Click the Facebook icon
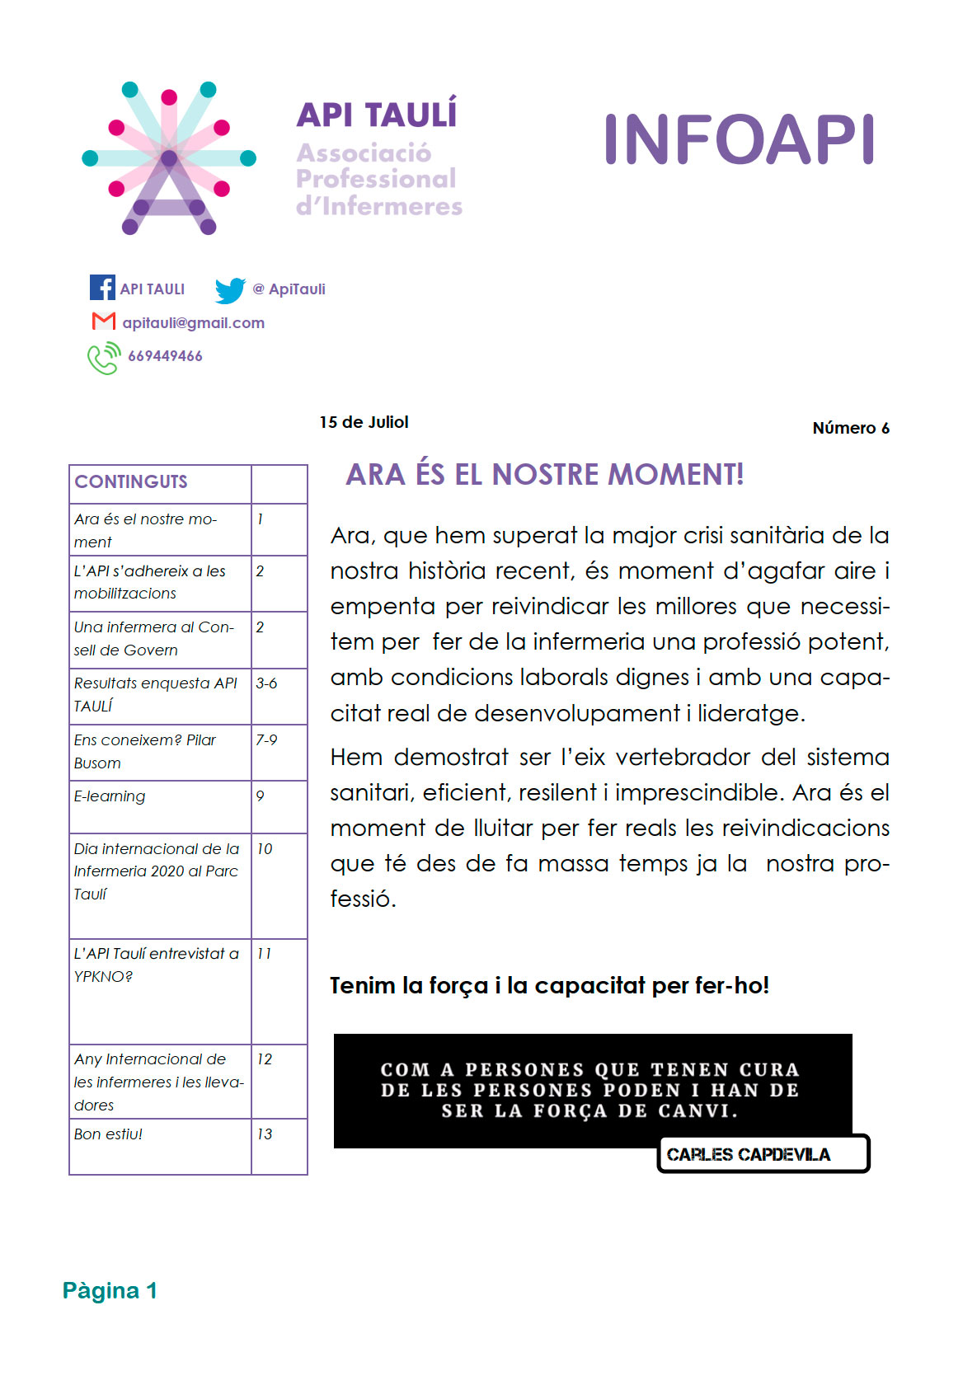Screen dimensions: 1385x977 click(102, 288)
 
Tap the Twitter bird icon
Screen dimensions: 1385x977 click(230, 290)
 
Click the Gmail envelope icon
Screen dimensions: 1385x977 click(103, 322)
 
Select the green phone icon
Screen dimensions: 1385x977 click(104, 358)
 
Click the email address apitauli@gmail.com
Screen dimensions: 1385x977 click(193, 323)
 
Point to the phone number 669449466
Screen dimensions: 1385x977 click(165, 356)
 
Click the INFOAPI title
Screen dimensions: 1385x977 click(739, 140)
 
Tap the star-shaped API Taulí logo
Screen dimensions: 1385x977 click(169, 158)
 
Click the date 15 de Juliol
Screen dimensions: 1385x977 click(364, 422)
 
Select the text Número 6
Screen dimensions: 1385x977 click(850, 428)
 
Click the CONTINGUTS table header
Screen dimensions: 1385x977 click(131, 482)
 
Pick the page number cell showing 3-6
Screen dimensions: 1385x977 click(266, 683)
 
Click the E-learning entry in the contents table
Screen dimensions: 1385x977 click(110, 796)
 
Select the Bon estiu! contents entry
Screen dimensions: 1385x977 click(108, 1134)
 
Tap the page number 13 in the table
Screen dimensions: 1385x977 click(265, 1134)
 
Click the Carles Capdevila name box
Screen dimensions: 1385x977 click(763, 1154)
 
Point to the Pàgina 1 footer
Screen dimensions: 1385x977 click(110, 1290)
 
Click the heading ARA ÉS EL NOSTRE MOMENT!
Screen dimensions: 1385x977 click(544, 475)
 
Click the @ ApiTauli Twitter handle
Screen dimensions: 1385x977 click(289, 289)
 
